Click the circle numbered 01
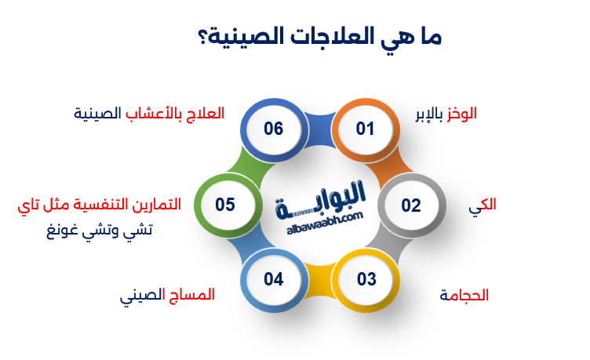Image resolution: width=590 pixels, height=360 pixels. (x=365, y=129)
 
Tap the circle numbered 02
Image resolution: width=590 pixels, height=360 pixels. (x=411, y=205)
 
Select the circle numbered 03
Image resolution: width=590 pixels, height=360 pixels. (x=366, y=279)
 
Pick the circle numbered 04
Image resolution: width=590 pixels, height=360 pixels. (x=273, y=279)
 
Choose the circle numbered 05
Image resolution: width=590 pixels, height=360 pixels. (x=225, y=205)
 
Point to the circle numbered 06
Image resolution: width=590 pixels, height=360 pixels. (x=273, y=129)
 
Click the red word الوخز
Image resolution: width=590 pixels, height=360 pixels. (x=461, y=113)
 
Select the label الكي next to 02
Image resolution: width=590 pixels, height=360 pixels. (x=483, y=205)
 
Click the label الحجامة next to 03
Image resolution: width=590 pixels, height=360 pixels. (x=464, y=296)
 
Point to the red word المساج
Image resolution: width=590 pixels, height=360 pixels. (x=193, y=296)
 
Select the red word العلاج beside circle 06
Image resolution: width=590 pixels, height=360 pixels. (x=207, y=113)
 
